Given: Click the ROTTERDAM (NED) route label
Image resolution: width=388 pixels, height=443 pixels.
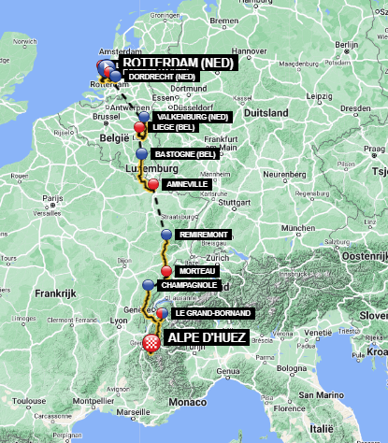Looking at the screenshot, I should (x=179, y=64).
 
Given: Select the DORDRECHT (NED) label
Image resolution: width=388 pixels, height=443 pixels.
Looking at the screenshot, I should (x=161, y=76).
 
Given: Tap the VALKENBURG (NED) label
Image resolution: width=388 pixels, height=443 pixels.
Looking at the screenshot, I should (x=193, y=117).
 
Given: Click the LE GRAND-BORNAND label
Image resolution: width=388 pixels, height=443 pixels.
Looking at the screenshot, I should (x=208, y=312).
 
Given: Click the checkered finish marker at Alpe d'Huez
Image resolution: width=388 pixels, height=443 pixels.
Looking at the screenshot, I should (x=151, y=342).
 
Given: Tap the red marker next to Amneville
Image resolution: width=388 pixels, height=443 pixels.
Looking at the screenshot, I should (x=152, y=184).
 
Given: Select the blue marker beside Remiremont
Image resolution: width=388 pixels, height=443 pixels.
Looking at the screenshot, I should (x=166, y=235).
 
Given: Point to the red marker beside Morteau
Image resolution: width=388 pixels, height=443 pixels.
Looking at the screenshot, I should (x=166, y=271).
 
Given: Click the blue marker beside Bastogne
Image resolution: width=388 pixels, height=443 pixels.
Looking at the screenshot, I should (x=141, y=153).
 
